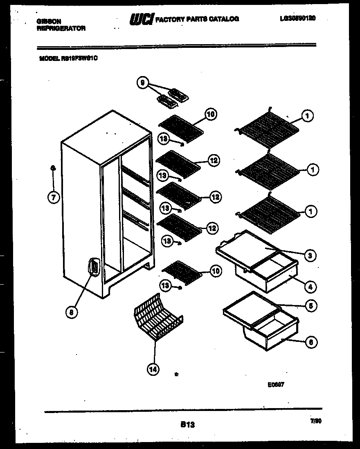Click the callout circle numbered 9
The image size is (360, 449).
coord(142,83)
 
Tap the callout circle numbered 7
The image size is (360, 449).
coord(53,198)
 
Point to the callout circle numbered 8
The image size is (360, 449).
coord(71,312)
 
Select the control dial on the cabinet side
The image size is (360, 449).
coord(94,268)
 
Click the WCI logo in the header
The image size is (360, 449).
coord(142,19)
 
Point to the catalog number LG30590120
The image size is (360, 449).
coord(298,18)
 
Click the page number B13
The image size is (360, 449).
coord(187,425)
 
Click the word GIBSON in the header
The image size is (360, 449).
coord(47,21)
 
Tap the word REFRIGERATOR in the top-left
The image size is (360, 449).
coord(61,28)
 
